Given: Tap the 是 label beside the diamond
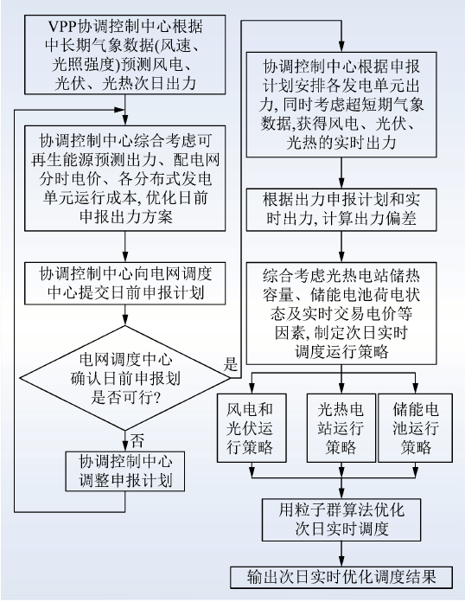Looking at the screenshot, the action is point(231,363).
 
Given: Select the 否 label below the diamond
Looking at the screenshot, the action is point(137,441).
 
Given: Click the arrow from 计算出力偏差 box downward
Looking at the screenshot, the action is point(341,247).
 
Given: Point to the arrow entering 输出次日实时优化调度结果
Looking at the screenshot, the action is point(341,554).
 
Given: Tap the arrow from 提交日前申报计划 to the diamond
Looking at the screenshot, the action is point(125,315).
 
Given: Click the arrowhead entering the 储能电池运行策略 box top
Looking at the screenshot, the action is point(416,389).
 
